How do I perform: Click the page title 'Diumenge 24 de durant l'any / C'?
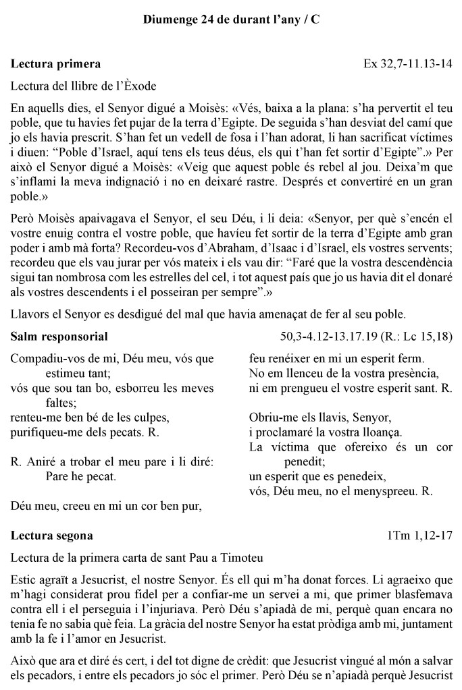pyautogui.click(x=231, y=20)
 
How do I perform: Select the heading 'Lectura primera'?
pyautogui.click(x=56, y=65)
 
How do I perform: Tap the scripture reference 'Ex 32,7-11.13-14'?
pyautogui.click(x=408, y=65)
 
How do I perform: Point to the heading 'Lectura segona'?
pyautogui.click(x=53, y=536)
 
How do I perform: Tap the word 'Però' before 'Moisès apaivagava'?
pyautogui.click(x=23, y=232)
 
